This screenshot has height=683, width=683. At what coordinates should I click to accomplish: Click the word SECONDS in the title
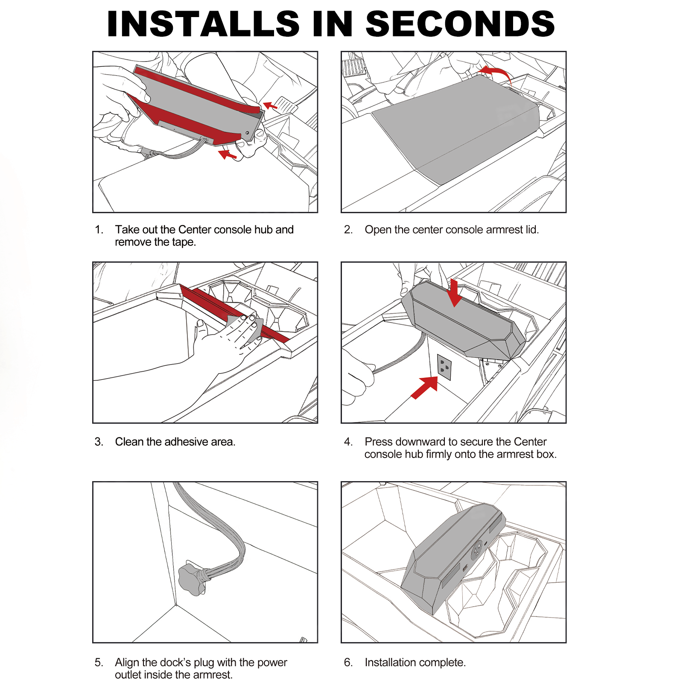(x=460, y=24)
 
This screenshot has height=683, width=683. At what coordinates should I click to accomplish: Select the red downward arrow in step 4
(x=454, y=293)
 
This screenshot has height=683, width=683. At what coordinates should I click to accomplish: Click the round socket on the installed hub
(x=477, y=551)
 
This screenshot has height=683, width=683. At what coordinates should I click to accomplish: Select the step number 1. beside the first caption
(x=99, y=230)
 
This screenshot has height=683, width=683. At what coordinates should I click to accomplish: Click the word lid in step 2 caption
(x=531, y=230)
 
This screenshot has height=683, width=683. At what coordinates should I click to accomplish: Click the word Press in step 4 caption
(x=378, y=442)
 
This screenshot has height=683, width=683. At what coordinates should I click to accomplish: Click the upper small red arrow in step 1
(x=270, y=105)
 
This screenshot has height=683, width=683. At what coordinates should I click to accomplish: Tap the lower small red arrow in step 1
(x=227, y=155)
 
